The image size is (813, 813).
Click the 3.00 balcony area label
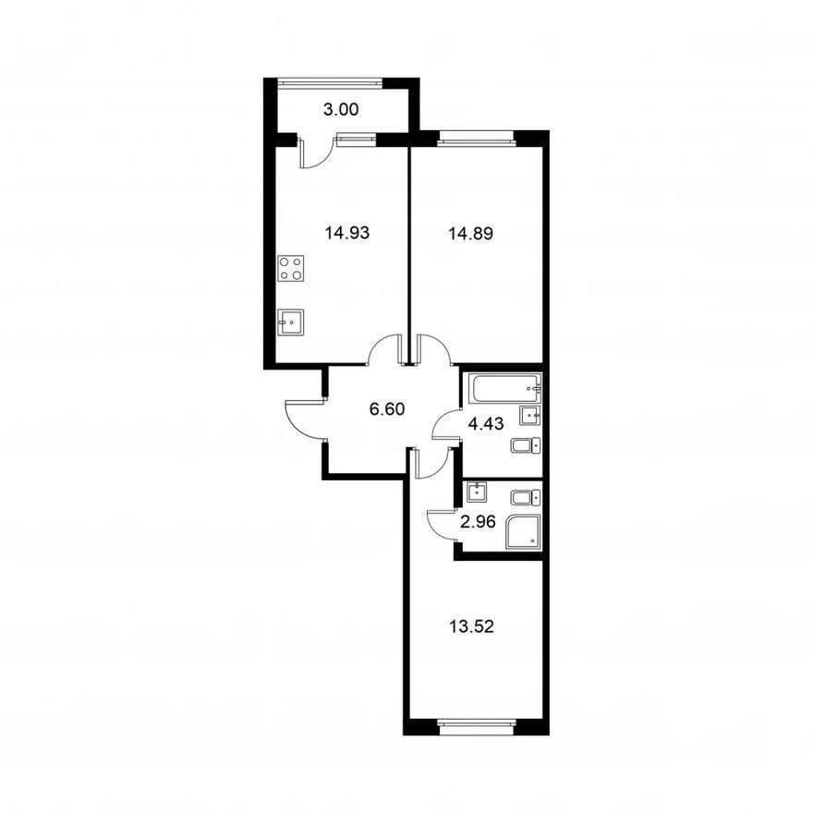click(x=341, y=110)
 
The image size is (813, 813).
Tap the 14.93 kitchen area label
click(x=347, y=233)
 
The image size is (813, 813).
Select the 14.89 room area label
click(x=471, y=234)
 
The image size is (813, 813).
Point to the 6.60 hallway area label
click(x=387, y=409)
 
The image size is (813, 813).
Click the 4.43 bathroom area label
click(x=486, y=424)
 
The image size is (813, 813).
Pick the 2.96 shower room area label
click(x=478, y=522)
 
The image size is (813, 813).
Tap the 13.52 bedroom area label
click(x=472, y=627)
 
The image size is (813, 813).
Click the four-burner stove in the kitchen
click(x=291, y=269)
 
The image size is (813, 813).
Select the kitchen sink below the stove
click(x=291, y=322)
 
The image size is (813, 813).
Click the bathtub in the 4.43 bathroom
click(x=505, y=388)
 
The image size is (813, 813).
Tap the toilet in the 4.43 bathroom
click(x=526, y=445)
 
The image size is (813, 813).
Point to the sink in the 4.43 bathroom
click(x=530, y=416)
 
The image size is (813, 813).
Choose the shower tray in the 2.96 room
click(x=523, y=531)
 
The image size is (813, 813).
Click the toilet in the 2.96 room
click(x=526, y=498)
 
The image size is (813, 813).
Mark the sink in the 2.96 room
click(x=477, y=492)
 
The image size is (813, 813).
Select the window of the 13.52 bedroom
click(x=477, y=723)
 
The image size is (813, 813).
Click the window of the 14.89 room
click(x=477, y=136)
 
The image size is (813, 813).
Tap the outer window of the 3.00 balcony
click(x=330, y=81)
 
